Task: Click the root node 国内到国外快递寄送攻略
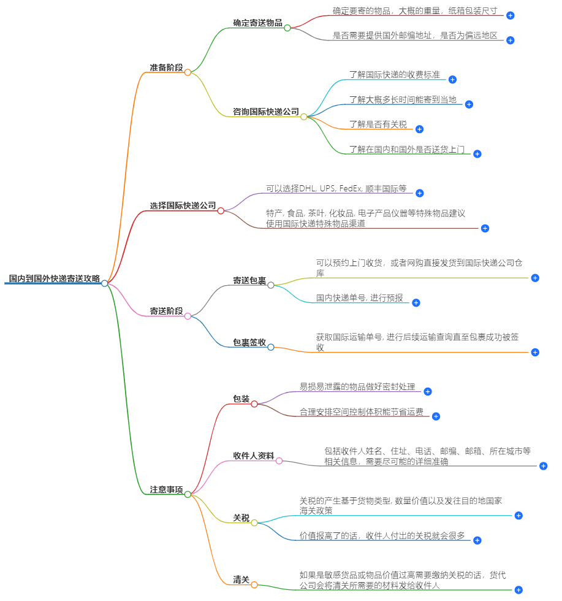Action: [54, 278]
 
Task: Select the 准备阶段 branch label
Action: [166, 67]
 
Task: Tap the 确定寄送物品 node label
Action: [257, 23]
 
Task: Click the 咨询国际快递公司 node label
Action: [266, 112]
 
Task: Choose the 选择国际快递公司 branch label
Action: [183, 205]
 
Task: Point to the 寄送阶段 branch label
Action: [166, 312]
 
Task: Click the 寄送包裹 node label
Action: [249, 281]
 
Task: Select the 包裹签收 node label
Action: [249, 343]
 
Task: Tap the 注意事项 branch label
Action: [166, 490]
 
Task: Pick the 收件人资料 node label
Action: [253, 456]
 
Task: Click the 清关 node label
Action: [241, 580]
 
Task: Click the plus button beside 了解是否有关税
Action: [419, 129]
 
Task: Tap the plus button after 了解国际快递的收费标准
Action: [452, 80]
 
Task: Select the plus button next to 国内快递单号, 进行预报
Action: [416, 303]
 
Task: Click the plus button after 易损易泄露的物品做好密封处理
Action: [428, 391]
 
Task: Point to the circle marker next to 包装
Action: [254, 404]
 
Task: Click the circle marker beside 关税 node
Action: [254, 523]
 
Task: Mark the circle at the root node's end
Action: [105, 283]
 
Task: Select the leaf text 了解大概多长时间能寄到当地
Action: [403, 99]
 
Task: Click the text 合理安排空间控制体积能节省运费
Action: [361, 412]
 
